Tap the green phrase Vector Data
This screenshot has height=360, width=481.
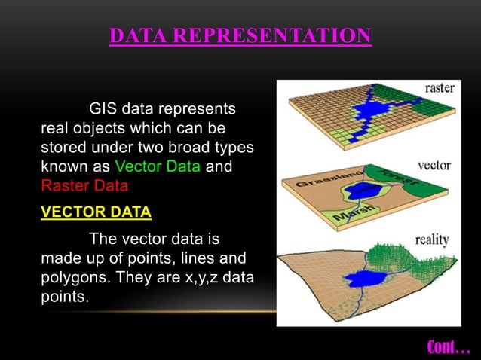[x=157, y=166]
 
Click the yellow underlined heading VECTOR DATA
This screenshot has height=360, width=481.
[x=96, y=212]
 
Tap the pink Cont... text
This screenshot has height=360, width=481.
[x=449, y=346]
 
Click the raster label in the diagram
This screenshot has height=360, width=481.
[x=440, y=88]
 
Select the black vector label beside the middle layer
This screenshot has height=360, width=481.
[x=434, y=164]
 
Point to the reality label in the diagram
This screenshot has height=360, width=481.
[x=432, y=240]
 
